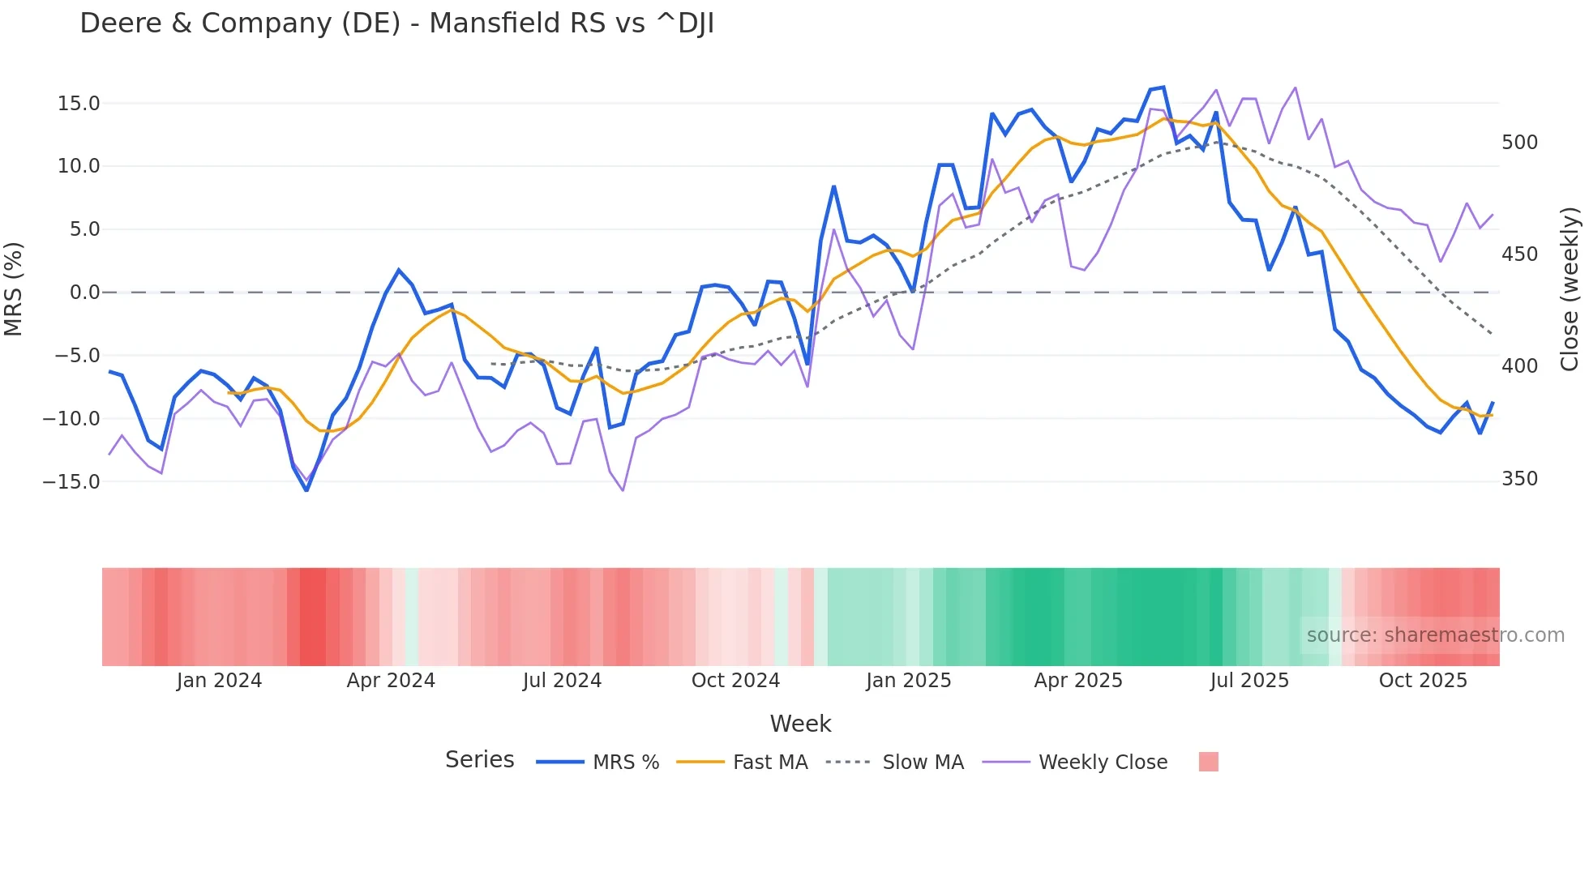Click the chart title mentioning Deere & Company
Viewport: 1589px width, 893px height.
pos(396,23)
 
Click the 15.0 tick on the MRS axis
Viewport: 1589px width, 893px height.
pos(79,104)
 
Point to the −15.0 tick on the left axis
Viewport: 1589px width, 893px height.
pos(71,482)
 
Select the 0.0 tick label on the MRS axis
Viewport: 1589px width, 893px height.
pos(84,293)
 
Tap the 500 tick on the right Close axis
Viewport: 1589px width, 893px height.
pos(1519,143)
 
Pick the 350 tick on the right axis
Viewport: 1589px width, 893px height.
pos(1519,479)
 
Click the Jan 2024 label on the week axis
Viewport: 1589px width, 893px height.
pos(219,681)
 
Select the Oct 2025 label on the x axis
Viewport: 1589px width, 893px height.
pos(1423,681)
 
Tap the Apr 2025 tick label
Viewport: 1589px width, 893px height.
pos(1078,681)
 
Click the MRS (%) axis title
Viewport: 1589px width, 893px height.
pos(14,289)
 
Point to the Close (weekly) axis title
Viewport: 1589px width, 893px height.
pos(1570,289)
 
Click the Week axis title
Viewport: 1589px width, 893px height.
pos(800,724)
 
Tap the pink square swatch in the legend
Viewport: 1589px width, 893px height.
pos(1208,763)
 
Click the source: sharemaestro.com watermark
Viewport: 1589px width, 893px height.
pos(1435,635)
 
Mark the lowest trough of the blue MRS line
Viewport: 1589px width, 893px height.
pos(306,490)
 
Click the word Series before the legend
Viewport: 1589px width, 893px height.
pos(479,760)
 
